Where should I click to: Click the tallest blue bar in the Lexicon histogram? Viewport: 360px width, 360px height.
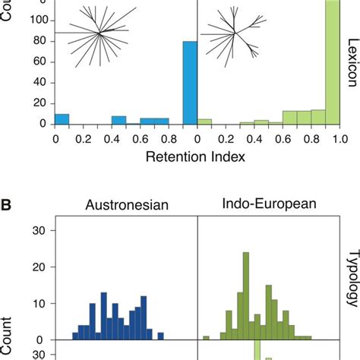[x=190, y=83]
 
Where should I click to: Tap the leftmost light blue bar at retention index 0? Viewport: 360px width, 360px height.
[x=62, y=119]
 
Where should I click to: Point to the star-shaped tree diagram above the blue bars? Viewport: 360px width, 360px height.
[x=99, y=33]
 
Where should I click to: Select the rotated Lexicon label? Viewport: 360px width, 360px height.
[x=352, y=56]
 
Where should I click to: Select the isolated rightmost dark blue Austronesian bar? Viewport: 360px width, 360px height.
[x=160, y=336]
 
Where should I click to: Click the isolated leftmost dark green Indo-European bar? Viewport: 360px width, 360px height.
[x=206, y=337]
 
